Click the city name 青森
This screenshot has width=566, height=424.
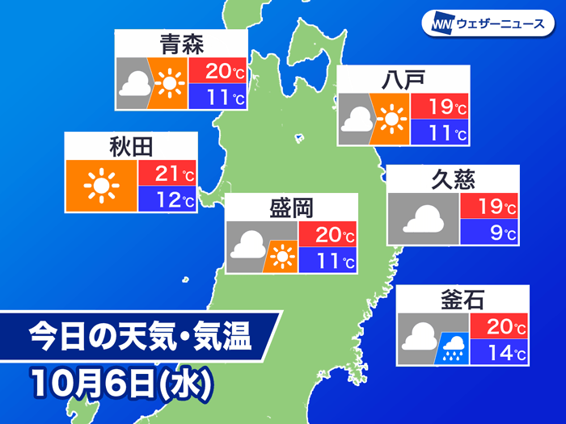(180, 44)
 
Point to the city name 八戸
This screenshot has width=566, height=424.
(402, 81)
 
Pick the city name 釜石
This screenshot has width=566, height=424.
(463, 300)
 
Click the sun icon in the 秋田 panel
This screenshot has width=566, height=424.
(101, 187)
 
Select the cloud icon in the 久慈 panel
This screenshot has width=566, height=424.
(424, 218)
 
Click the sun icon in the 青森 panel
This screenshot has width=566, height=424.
(168, 83)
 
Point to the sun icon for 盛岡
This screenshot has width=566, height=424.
(281, 257)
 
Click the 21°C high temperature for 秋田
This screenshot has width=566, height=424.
(167, 172)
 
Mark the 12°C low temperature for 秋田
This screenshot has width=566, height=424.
(167, 199)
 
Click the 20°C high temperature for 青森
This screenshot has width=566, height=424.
(217, 71)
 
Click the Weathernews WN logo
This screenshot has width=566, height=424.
(440, 23)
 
